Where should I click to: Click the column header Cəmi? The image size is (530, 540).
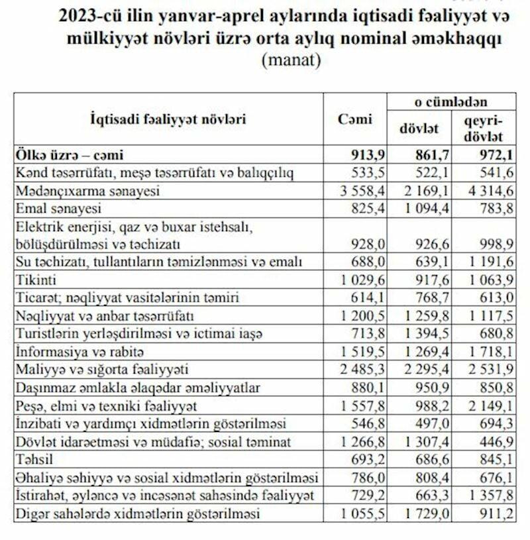coord(355,119)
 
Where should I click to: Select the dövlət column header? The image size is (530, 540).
coord(413,128)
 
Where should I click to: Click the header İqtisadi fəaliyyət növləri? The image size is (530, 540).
coord(168,119)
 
